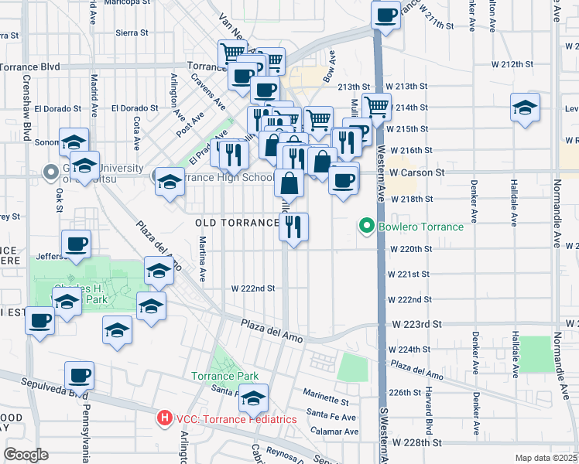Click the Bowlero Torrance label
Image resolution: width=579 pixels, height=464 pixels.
(420, 227)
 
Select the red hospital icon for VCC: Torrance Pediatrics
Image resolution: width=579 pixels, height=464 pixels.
(164, 419)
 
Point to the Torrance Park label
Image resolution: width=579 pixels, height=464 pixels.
(224, 377)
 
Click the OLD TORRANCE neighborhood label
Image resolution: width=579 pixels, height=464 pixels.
(237, 223)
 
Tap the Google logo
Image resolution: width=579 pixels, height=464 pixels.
(26, 455)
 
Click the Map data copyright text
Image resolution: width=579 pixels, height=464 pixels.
(546, 458)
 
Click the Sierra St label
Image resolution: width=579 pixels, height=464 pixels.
(132, 32)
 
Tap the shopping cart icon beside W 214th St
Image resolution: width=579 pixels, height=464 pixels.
(376, 105)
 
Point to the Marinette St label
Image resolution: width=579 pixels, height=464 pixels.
(326, 400)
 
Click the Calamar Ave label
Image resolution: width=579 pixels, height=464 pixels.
(334, 431)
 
